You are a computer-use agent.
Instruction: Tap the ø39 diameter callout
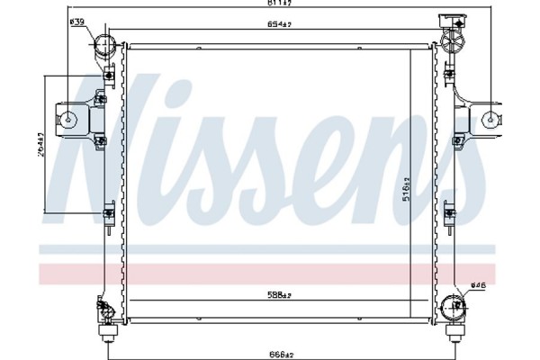tap(78, 22)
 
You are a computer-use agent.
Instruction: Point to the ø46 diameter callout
tap(478, 286)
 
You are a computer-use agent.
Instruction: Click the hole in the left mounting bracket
tap(68, 116)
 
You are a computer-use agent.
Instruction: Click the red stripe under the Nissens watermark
tap(270, 273)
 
